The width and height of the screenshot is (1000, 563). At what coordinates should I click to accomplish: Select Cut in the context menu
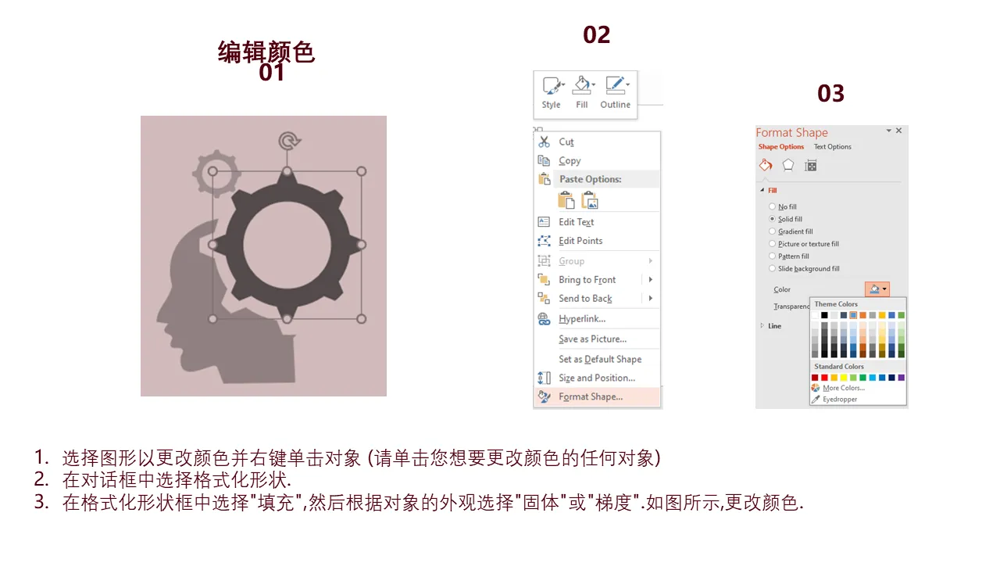tap(566, 142)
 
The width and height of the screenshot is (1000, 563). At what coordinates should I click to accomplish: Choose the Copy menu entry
tap(570, 160)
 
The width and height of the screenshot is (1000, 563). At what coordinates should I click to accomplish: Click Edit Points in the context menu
tap(580, 241)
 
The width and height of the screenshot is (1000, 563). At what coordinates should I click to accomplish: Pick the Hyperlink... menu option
tap(582, 318)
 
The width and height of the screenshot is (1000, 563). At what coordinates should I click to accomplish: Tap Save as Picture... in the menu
tap(592, 339)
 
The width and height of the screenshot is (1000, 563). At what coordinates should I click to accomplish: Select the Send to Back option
tap(585, 299)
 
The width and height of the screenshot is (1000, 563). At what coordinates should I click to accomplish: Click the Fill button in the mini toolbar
tap(582, 92)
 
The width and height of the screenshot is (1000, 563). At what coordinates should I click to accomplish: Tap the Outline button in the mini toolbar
tap(615, 92)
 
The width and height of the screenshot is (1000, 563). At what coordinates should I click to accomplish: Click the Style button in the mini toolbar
tap(552, 92)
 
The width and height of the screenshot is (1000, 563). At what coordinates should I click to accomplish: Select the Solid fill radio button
tap(772, 219)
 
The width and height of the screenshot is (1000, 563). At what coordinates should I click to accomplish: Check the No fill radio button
tap(772, 206)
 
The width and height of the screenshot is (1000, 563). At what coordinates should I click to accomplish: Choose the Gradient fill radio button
tap(772, 231)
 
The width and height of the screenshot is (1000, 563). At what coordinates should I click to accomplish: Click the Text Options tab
tap(832, 146)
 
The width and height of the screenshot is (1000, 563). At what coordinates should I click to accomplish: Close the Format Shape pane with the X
tap(898, 131)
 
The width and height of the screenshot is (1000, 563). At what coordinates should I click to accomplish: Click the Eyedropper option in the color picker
tap(839, 400)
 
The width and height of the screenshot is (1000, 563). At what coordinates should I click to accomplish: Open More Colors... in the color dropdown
tap(843, 388)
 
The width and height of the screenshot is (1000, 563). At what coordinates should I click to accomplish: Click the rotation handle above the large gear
tap(289, 142)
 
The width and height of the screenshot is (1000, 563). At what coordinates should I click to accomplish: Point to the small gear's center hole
tap(216, 173)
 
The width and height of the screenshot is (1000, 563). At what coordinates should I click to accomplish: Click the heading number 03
tap(830, 93)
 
